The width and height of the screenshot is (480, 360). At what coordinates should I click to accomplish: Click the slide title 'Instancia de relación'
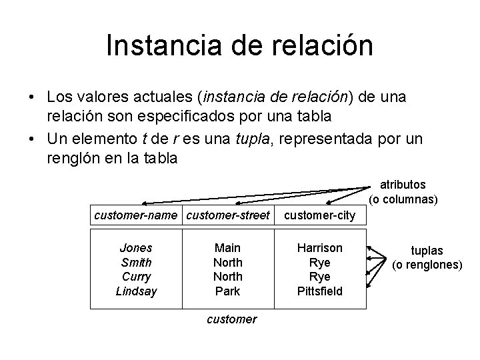pos(239,46)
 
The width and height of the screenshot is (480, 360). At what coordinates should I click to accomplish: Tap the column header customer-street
pos(228,215)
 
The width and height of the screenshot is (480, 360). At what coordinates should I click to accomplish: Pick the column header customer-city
pos(320,215)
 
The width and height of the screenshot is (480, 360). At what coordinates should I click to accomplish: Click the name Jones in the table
pos(135,248)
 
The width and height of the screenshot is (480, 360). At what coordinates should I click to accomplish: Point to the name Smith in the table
pos(135,263)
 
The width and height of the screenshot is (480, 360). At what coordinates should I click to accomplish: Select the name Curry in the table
pos(135,277)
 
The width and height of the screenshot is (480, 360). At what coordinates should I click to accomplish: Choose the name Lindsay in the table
pos(135,291)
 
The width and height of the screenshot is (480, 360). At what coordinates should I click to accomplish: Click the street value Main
pos(228,248)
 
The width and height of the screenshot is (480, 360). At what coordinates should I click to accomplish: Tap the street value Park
pos(228,291)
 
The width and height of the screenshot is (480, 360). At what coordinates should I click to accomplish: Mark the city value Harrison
pos(320,248)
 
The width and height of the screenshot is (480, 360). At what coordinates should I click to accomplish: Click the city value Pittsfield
pos(320,291)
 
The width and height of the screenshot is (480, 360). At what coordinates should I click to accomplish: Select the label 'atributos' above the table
pos(403,185)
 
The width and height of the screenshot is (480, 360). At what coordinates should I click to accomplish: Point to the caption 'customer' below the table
pos(231,319)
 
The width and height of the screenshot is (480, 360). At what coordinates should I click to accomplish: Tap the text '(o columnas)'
pos(403,199)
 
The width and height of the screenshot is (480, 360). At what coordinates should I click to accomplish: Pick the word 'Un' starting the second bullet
pos(55,139)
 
